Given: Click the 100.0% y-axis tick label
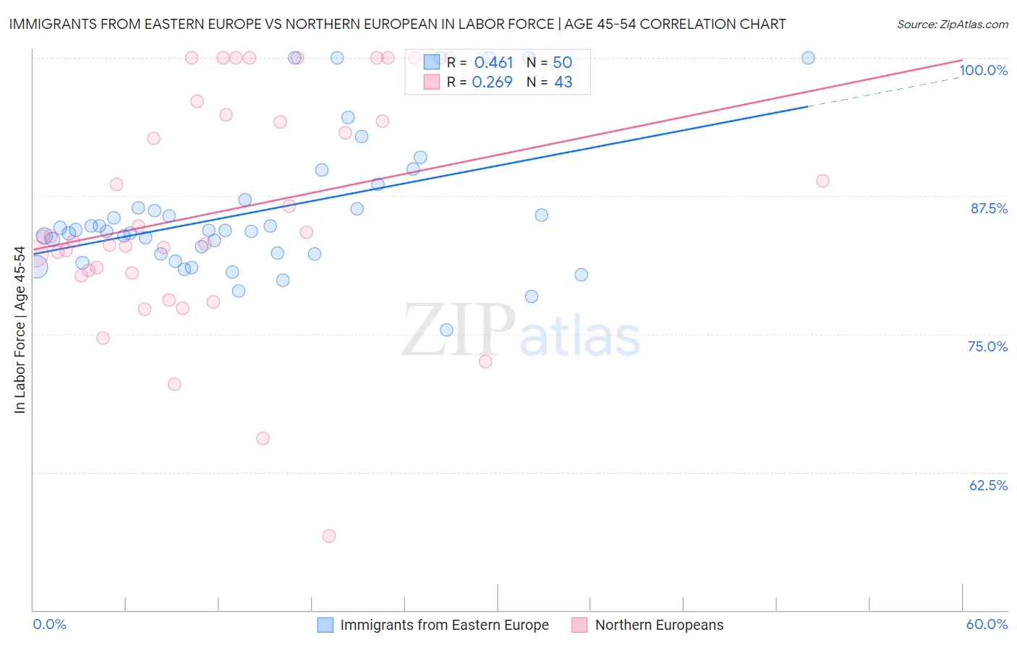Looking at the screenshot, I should pos(983,70).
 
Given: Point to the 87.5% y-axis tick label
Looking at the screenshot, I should pos(989,208).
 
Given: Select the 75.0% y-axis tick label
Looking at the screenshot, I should pos(987,346).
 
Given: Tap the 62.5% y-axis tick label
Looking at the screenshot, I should pos(988,485).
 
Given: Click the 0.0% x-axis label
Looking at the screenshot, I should pos(49,624).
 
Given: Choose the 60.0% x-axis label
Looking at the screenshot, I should pos(987,624).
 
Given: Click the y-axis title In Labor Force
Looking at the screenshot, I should pos(20,330).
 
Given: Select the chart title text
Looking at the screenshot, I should pos(397,24).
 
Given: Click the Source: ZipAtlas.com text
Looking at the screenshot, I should pos(952,24).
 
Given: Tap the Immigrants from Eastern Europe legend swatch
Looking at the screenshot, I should pos(325,625).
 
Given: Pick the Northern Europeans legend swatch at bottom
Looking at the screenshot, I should pos(579,625).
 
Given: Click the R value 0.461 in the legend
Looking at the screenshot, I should pos(493,63).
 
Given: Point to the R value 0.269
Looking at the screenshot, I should pos(492,82).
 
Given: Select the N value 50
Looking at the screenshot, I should pos(562,63).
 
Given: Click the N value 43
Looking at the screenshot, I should pos(563,82).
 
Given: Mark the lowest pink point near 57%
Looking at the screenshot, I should pos(329,536).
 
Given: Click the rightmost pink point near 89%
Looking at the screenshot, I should pos(822,181).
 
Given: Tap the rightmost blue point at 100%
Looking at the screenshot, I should pos(809,58).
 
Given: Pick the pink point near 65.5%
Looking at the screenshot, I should pos(263,438).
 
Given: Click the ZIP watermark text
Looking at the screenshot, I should pos(459,330).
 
